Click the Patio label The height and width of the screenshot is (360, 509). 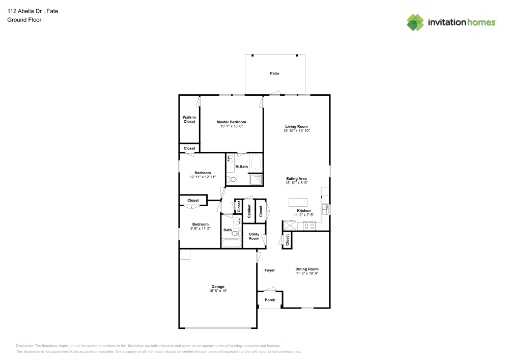(274, 74)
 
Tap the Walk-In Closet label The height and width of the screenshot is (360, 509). (189, 120)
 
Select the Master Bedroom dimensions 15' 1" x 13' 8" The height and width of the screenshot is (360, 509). (231, 126)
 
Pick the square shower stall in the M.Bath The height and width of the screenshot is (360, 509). (256, 179)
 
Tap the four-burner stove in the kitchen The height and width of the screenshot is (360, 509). (309, 226)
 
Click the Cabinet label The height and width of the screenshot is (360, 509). (249, 211)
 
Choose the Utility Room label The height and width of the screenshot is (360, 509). (254, 236)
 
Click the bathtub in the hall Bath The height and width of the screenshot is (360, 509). (232, 243)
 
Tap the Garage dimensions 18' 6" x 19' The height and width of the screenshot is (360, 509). (218, 291)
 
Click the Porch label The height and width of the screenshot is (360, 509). (270, 300)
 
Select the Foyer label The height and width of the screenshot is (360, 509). (270, 270)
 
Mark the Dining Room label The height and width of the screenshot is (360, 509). (307, 269)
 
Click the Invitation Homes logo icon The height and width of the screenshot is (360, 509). (415, 22)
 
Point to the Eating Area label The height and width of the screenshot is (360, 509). (296, 179)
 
